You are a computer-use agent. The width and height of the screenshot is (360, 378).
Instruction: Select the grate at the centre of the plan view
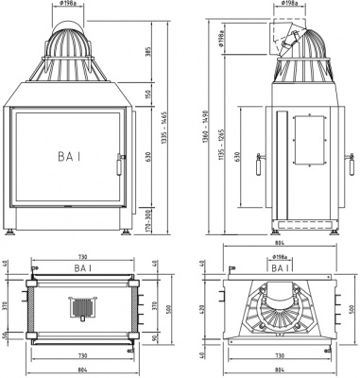pos(79,308)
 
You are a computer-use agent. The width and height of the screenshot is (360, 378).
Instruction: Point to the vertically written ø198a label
pos(220,39)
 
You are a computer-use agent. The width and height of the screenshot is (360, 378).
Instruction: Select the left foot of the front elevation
pos(12,230)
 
